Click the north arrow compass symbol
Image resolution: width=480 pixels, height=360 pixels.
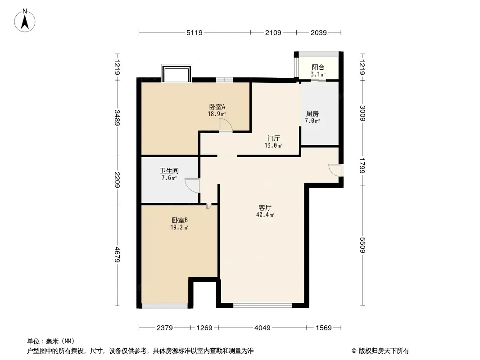tap(25, 21)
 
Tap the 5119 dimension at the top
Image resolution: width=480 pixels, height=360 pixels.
tap(195, 33)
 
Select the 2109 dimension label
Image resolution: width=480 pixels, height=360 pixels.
tap(273, 33)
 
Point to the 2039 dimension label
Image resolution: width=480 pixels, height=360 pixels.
tap(319, 33)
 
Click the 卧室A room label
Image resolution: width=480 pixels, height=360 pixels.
tap(217, 107)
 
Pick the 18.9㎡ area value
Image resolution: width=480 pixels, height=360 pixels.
tap(217, 114)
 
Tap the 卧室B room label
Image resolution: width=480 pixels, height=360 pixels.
tap(179, 220)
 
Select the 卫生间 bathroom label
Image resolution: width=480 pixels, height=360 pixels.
tap(169, 171)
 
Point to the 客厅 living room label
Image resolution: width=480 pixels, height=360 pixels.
tap(265, 208)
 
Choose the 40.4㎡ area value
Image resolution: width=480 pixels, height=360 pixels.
tap(265, 215)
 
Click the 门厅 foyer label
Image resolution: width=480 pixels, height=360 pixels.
tap(273, 139)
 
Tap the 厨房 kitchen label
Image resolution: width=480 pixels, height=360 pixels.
tap(312, 114)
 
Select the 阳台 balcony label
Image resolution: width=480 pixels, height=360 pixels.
tap(318, 67)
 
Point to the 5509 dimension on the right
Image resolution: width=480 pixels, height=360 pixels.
tap(362, 245)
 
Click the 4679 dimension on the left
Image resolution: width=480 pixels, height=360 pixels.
tap(117, 255)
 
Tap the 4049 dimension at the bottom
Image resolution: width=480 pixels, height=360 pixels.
tap(263, 328)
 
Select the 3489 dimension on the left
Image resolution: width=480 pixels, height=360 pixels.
tap(117, 118)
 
